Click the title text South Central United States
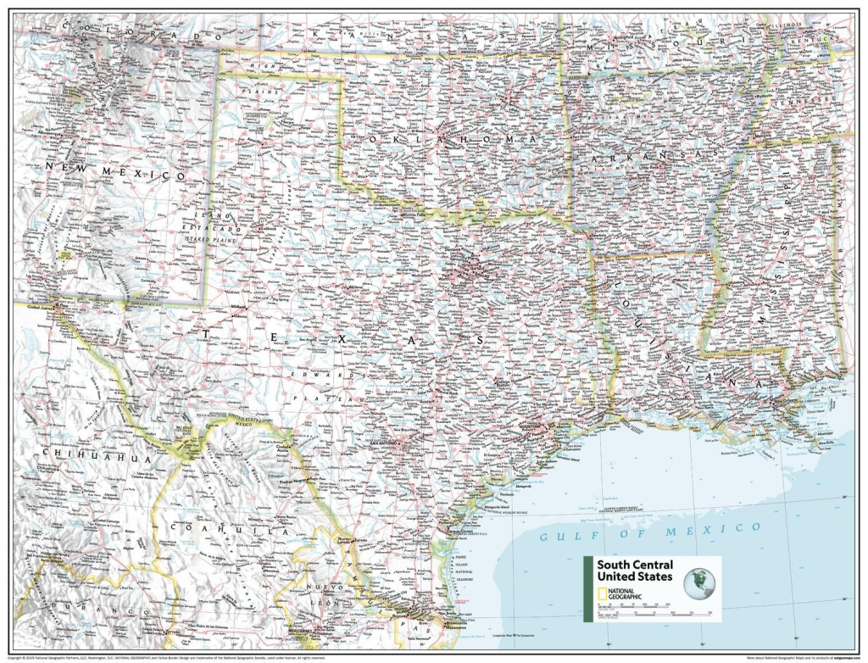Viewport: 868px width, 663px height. [635, 571]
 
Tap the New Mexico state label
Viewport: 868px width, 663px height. [115, 173]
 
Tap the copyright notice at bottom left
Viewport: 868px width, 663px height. [170, 657]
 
